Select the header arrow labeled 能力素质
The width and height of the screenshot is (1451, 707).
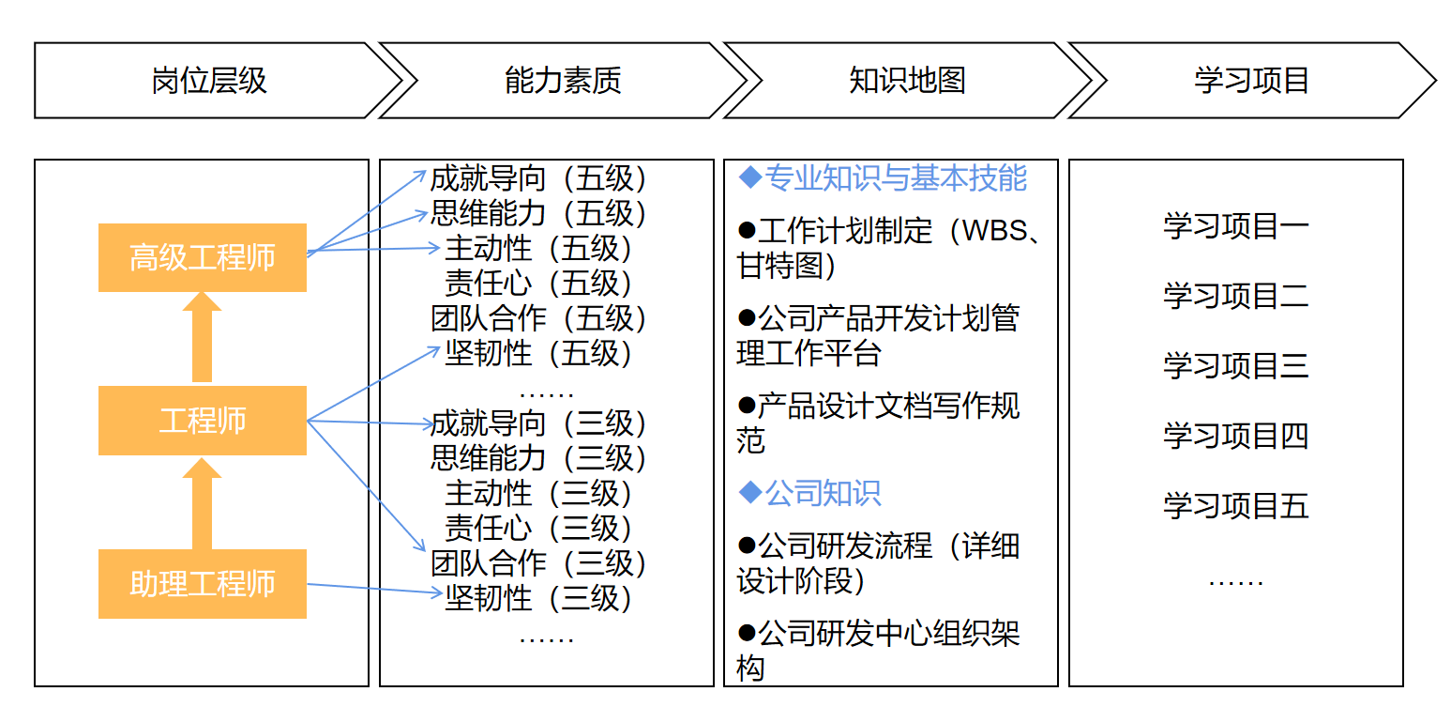pos(562,81)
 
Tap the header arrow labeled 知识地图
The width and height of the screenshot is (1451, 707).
pos(907,81)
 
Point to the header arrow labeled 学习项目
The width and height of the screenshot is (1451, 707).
pos(1251,81)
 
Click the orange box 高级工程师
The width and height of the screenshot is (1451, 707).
pos(202,257)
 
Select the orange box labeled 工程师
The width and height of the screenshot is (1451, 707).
pos(202,421)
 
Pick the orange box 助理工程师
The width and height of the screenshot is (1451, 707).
pos(202,584)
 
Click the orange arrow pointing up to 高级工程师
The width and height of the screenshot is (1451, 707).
pos(202,337)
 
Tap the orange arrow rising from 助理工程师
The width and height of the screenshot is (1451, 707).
pos(202,503)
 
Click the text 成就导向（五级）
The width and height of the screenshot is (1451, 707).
pos(538,178)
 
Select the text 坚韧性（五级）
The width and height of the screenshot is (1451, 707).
pos(538,353)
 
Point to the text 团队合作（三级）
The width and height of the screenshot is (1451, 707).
pos(538,563)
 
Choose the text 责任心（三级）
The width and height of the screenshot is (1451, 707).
pos(538,528)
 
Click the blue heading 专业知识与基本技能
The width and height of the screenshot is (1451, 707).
pos(896,177)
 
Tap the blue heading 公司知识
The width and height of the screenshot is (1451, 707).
pos(823,493)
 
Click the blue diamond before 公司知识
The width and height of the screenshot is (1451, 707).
pos(750,492)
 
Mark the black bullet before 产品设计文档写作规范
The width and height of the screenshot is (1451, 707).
pos(747,406)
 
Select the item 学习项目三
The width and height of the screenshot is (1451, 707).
pos(1236,365)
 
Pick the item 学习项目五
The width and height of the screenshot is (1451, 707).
pos(1236,505)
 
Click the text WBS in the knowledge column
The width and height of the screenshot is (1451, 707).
pos(995,231)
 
